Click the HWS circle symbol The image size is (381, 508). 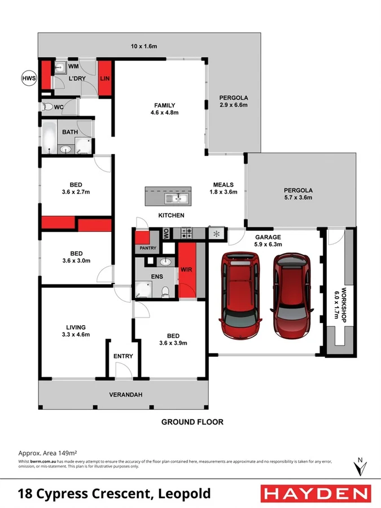click(x=28, y=77)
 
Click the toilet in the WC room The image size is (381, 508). click(x=47, y=107)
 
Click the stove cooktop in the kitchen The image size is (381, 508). click(x=187, y=232)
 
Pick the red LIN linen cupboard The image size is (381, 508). click(x=104, y=78)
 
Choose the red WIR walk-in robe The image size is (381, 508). click(x=186, y=269)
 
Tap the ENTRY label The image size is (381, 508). click(x=123, y=356)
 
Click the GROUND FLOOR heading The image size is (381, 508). click(x=192, y=422)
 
